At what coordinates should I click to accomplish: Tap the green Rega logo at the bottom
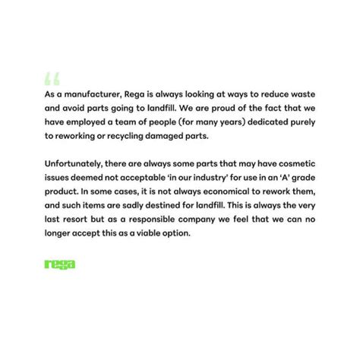(x=60, y=264)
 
